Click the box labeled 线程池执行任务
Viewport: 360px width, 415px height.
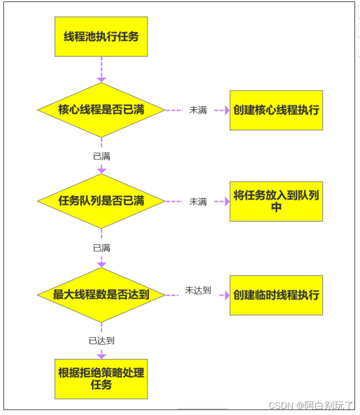tap(101, 36)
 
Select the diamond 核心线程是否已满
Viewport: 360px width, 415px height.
tap(101, 110)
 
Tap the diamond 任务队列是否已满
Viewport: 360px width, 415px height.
tap(101, 201)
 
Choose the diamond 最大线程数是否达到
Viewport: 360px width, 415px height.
tap(101, 295)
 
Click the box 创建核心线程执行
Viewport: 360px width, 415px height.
tap(276, 110)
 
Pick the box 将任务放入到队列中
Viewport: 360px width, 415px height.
tap(276, 201)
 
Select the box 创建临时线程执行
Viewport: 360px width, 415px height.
tap(276, 295)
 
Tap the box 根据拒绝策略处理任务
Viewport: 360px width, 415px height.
tap(101, 379)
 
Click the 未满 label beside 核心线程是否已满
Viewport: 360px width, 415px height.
tap(198, 110)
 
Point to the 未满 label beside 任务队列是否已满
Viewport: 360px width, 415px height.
tap(198, 202)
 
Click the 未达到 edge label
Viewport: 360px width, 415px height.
tap(198, 290)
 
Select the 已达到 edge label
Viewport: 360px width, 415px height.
tap(101, 341)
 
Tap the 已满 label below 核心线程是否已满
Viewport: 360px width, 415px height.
tap(101, 156)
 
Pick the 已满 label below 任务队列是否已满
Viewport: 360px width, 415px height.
tap(101, 248)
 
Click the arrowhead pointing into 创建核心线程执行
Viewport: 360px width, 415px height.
tap(226, 110)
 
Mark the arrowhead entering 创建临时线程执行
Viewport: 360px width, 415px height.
tap(226, 295)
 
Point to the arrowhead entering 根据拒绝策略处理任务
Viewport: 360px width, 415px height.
tap(101, 356)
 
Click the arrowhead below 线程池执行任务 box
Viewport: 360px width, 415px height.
tap(101, 79)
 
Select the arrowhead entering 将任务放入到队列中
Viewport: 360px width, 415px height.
tap(226, 202)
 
